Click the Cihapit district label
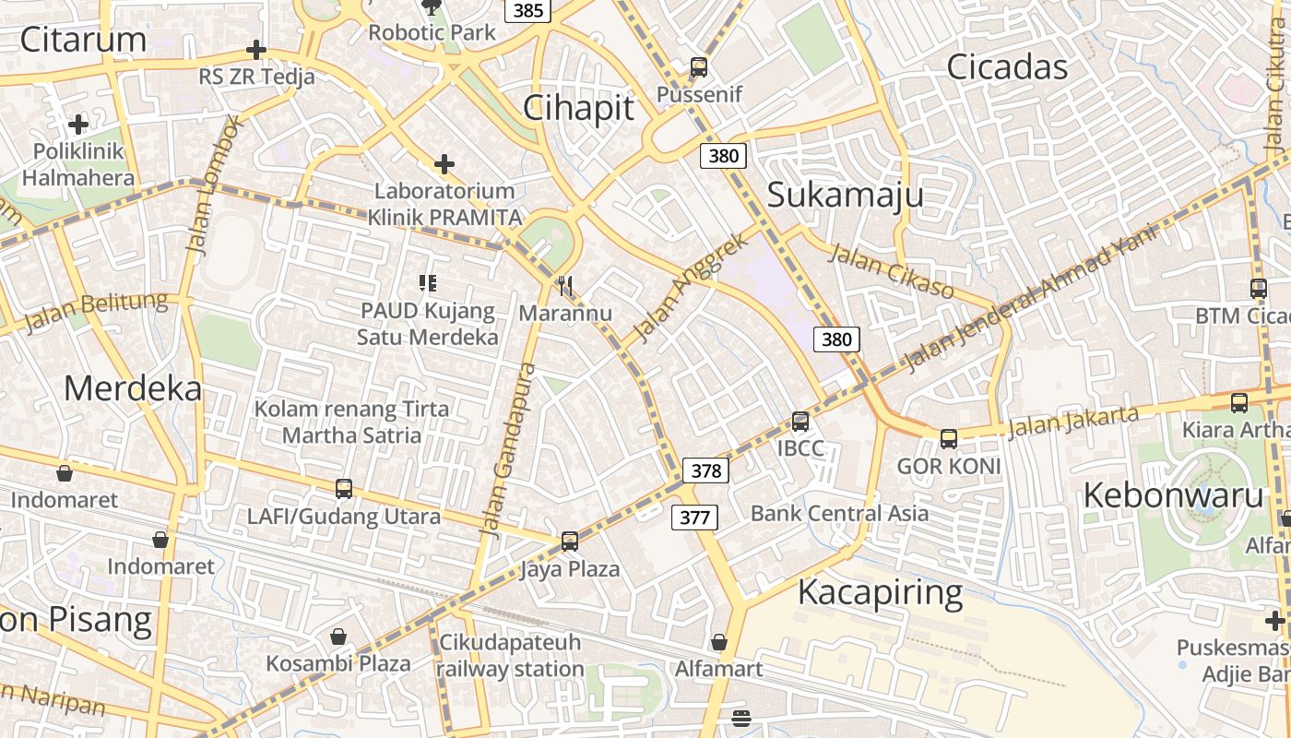[x=578, y=108]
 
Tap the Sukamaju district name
[x=845, y=196]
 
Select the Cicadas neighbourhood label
[x=1007, y=66]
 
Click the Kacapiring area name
[x=880, y=592]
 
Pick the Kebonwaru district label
[x=1172, y=495]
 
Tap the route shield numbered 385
[x=527, y=10]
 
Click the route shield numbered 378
[x=705, y=470]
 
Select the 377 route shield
[x=693, y=518]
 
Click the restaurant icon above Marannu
[x=565, y=286]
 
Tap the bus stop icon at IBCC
[x=799, y=422]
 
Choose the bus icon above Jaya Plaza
[x=569, y=542]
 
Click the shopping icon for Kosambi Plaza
[x=338, y=637]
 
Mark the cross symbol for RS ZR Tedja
[x=256, y=50]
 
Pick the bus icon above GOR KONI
[x=948, y=439]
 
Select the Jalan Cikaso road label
[x=891, y=271]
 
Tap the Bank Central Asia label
[x=839, y=514]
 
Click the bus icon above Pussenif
[x=699, y=67]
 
